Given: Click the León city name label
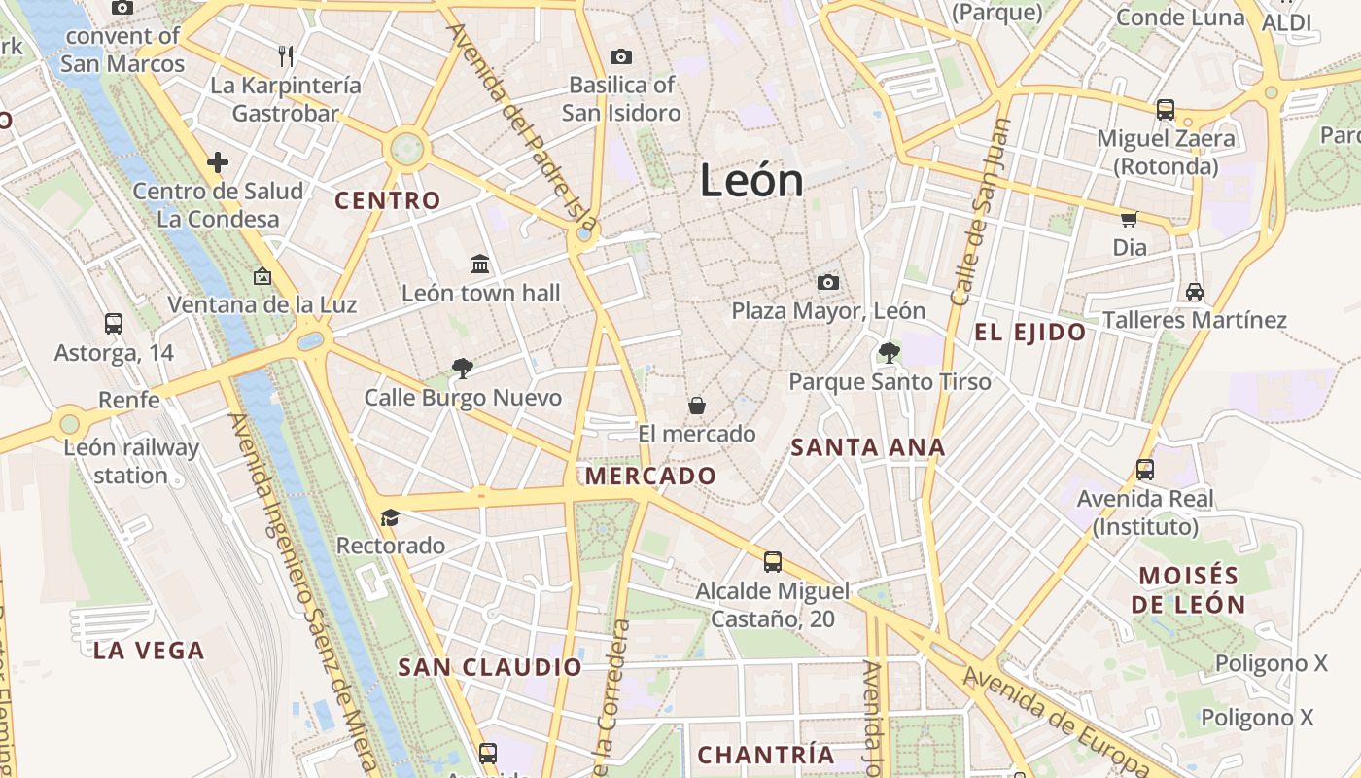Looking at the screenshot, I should (751, 182).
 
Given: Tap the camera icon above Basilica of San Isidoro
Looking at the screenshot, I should (620, 57).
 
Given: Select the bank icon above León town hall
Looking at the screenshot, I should (480, 265).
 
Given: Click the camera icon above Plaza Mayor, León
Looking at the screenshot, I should (828, 283).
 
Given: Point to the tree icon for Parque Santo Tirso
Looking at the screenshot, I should (889, 353).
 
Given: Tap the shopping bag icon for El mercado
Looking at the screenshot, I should (696, 406).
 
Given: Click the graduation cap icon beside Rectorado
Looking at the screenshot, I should (390, 517).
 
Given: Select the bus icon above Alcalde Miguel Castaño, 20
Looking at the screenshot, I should (773, 562).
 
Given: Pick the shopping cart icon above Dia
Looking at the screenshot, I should (1129, 220).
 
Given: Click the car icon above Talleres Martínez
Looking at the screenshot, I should (1195, 292).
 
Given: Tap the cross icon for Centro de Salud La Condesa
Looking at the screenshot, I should (218, 162).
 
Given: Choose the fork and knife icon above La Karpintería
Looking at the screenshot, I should (286, 56).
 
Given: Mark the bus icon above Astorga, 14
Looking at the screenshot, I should (114, 324).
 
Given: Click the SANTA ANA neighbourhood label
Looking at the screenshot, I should (867, 447).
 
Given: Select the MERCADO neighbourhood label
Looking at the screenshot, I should (650, 477).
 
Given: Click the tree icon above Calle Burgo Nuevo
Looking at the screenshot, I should (463, 368).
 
